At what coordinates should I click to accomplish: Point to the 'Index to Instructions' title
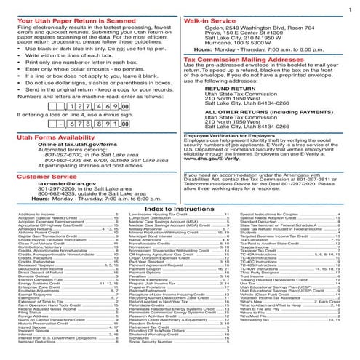click(180, 209)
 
